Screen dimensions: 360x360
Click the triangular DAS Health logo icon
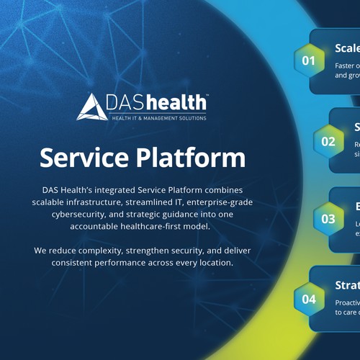pos(92,106)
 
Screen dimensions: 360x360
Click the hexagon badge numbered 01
pos(309,60)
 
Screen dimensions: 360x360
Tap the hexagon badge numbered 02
pos(328,141)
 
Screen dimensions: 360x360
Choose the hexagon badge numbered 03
pos(328,219)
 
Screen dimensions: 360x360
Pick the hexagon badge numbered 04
pos(309,299)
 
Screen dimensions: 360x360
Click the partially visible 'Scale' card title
pos(347,48)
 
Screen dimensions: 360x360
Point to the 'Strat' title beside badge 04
pos(347,284)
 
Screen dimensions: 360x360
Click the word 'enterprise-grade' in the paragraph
pos(217,202)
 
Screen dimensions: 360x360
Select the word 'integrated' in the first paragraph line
pos(118,189)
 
